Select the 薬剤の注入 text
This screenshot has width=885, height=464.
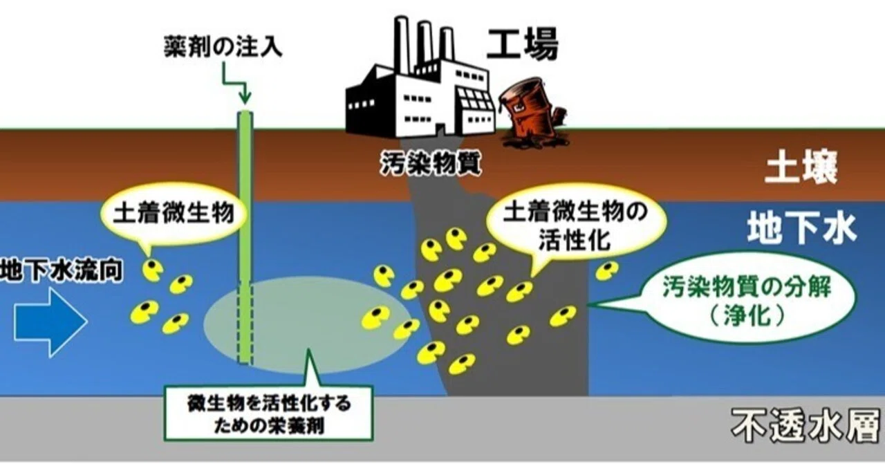[x=223, y=46]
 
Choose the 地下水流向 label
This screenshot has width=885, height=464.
[x=62, y=271]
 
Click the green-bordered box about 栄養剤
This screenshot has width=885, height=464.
[x=269, y=414]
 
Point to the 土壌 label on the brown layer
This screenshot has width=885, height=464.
[x=801, y=168]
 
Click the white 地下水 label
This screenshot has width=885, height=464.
[x=802, y=228]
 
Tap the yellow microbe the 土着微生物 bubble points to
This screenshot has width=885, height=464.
[x=153, y=270]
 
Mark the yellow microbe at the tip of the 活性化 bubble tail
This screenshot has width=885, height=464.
[x=519, y=292]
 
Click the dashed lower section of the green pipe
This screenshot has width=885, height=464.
[x=245, y=322]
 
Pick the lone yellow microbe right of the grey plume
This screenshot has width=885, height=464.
[x=607, y=271]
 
